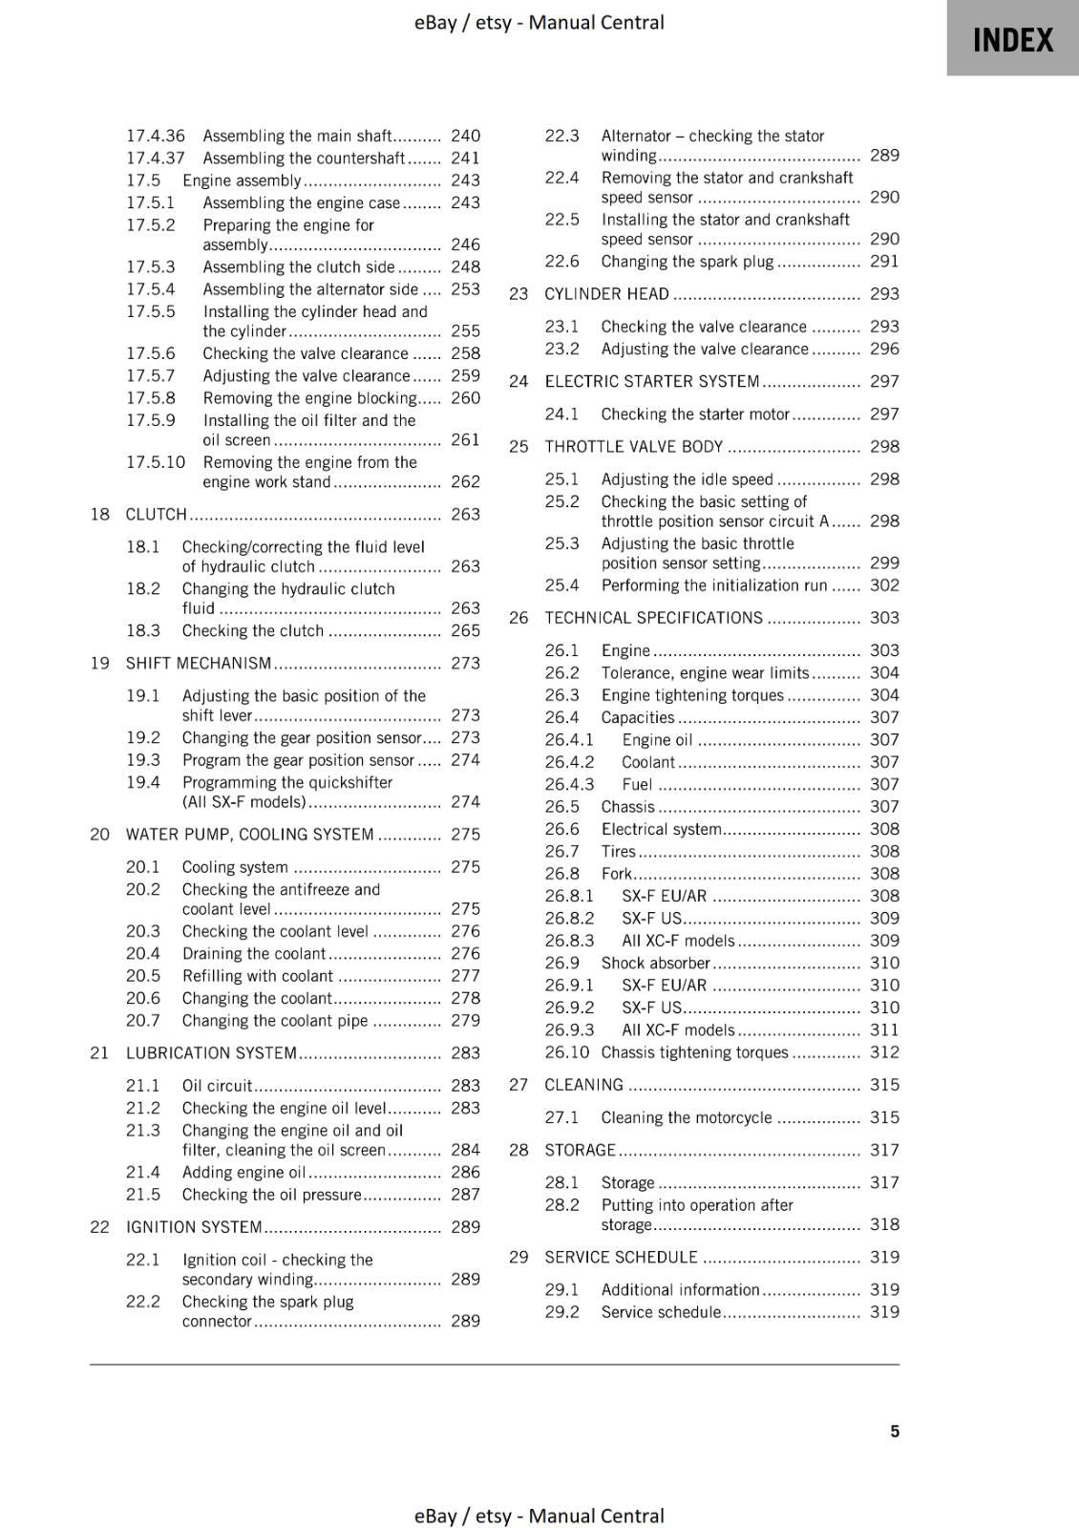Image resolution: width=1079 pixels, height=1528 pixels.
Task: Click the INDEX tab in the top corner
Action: tap(1012, 39)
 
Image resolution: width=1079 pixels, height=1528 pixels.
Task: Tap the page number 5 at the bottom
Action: tap(895, 1431)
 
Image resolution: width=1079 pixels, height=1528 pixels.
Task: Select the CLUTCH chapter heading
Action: tap(157, 514)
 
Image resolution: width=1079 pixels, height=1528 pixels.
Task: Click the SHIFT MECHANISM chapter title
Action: tap(199, 663)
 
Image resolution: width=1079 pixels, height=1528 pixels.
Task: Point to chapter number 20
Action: tap(100, 834)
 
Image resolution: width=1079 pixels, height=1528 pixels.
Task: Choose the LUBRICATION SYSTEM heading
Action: tap(211, 1052)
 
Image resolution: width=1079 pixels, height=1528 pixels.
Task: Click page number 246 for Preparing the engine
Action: tap(465, 244)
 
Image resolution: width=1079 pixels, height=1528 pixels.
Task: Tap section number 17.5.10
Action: tap(156, 462)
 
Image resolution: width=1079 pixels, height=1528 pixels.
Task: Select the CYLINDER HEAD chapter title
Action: tap(606, 293)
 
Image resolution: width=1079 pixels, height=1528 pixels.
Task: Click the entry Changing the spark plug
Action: tap(688, 261)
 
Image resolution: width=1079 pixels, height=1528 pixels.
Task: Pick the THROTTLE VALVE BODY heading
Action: tap(634, 446)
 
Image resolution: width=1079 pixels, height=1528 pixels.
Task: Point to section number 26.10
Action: tap(567, 1051)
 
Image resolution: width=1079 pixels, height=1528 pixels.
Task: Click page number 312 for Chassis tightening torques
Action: tap(884, 1051)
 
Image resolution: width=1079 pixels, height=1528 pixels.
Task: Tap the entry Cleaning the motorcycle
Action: tap(687, 1117)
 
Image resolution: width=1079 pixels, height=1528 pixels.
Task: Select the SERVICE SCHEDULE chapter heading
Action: tap(621, 1257)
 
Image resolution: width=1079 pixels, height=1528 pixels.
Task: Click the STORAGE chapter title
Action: tap(581, 1150)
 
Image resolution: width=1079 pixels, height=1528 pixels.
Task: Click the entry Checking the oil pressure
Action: tap(272, 1195)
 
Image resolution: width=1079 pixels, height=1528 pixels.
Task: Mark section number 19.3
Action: tap(143, 760)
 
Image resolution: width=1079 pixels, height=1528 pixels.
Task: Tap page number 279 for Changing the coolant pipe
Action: tap(465, 1020)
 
